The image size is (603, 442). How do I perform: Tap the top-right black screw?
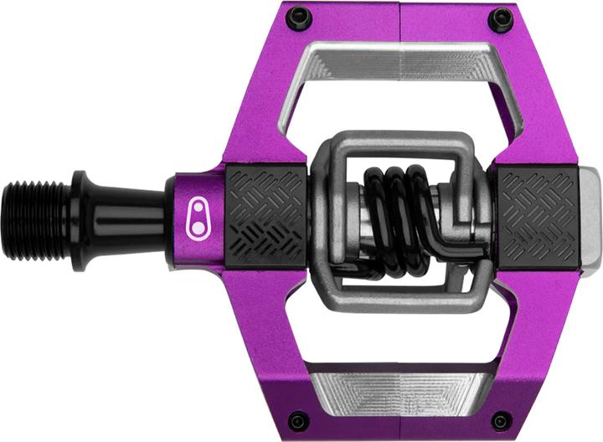pyautogui.click(x=501, y=18)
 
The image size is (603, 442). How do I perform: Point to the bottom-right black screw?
pyautogui.click(x=501, y=421)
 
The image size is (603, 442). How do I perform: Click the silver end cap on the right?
pyautogui.click(x=590, y=220)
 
